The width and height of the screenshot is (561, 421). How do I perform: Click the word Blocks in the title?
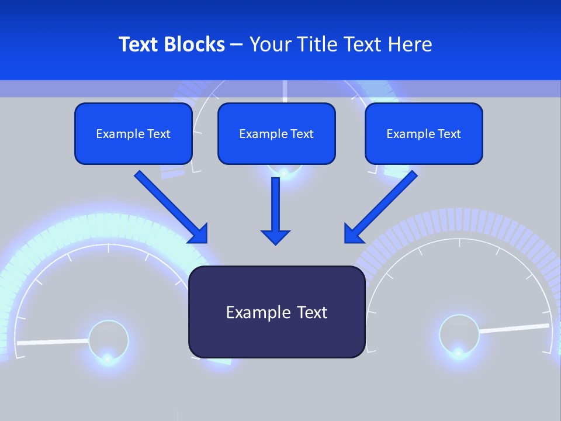click(195, 44)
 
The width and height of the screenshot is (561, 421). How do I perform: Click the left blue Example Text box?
click(133, 133)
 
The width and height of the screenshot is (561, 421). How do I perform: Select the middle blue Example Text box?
click(276, 133)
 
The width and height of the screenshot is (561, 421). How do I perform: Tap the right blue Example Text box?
click(424, 133)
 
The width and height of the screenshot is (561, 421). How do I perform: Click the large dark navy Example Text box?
click(276, 312)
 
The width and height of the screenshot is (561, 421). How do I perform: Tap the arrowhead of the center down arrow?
click(275, 237)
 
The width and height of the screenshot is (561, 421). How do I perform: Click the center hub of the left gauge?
click(108, 339)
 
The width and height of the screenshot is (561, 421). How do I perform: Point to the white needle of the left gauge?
click(53, 341)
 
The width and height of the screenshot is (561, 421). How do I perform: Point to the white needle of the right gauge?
click(514, 328)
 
